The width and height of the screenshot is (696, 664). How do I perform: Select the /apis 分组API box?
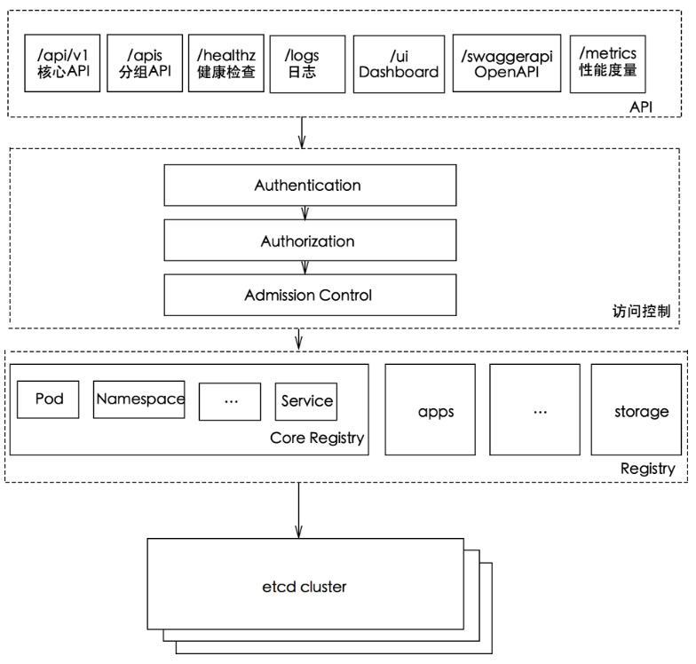(143, 63)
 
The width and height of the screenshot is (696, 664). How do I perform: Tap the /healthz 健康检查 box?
(226, 63)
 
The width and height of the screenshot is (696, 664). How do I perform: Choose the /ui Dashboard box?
(398, 63)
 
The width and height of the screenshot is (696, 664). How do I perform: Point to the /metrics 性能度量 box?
(608, 61)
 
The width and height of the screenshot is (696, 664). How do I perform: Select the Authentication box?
(308, 186)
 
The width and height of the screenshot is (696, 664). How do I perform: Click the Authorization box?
(308, 241)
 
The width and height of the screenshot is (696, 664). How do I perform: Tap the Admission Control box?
(308, 295)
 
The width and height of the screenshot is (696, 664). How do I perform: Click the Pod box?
(48, 399)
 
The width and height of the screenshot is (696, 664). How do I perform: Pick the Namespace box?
(139, 399)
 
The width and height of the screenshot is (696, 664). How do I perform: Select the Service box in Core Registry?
(306, 400)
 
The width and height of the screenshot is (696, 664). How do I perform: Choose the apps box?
(435, 412)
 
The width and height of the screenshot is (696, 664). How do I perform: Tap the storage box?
(641, 412)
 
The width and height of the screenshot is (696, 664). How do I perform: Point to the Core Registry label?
(317, 439)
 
